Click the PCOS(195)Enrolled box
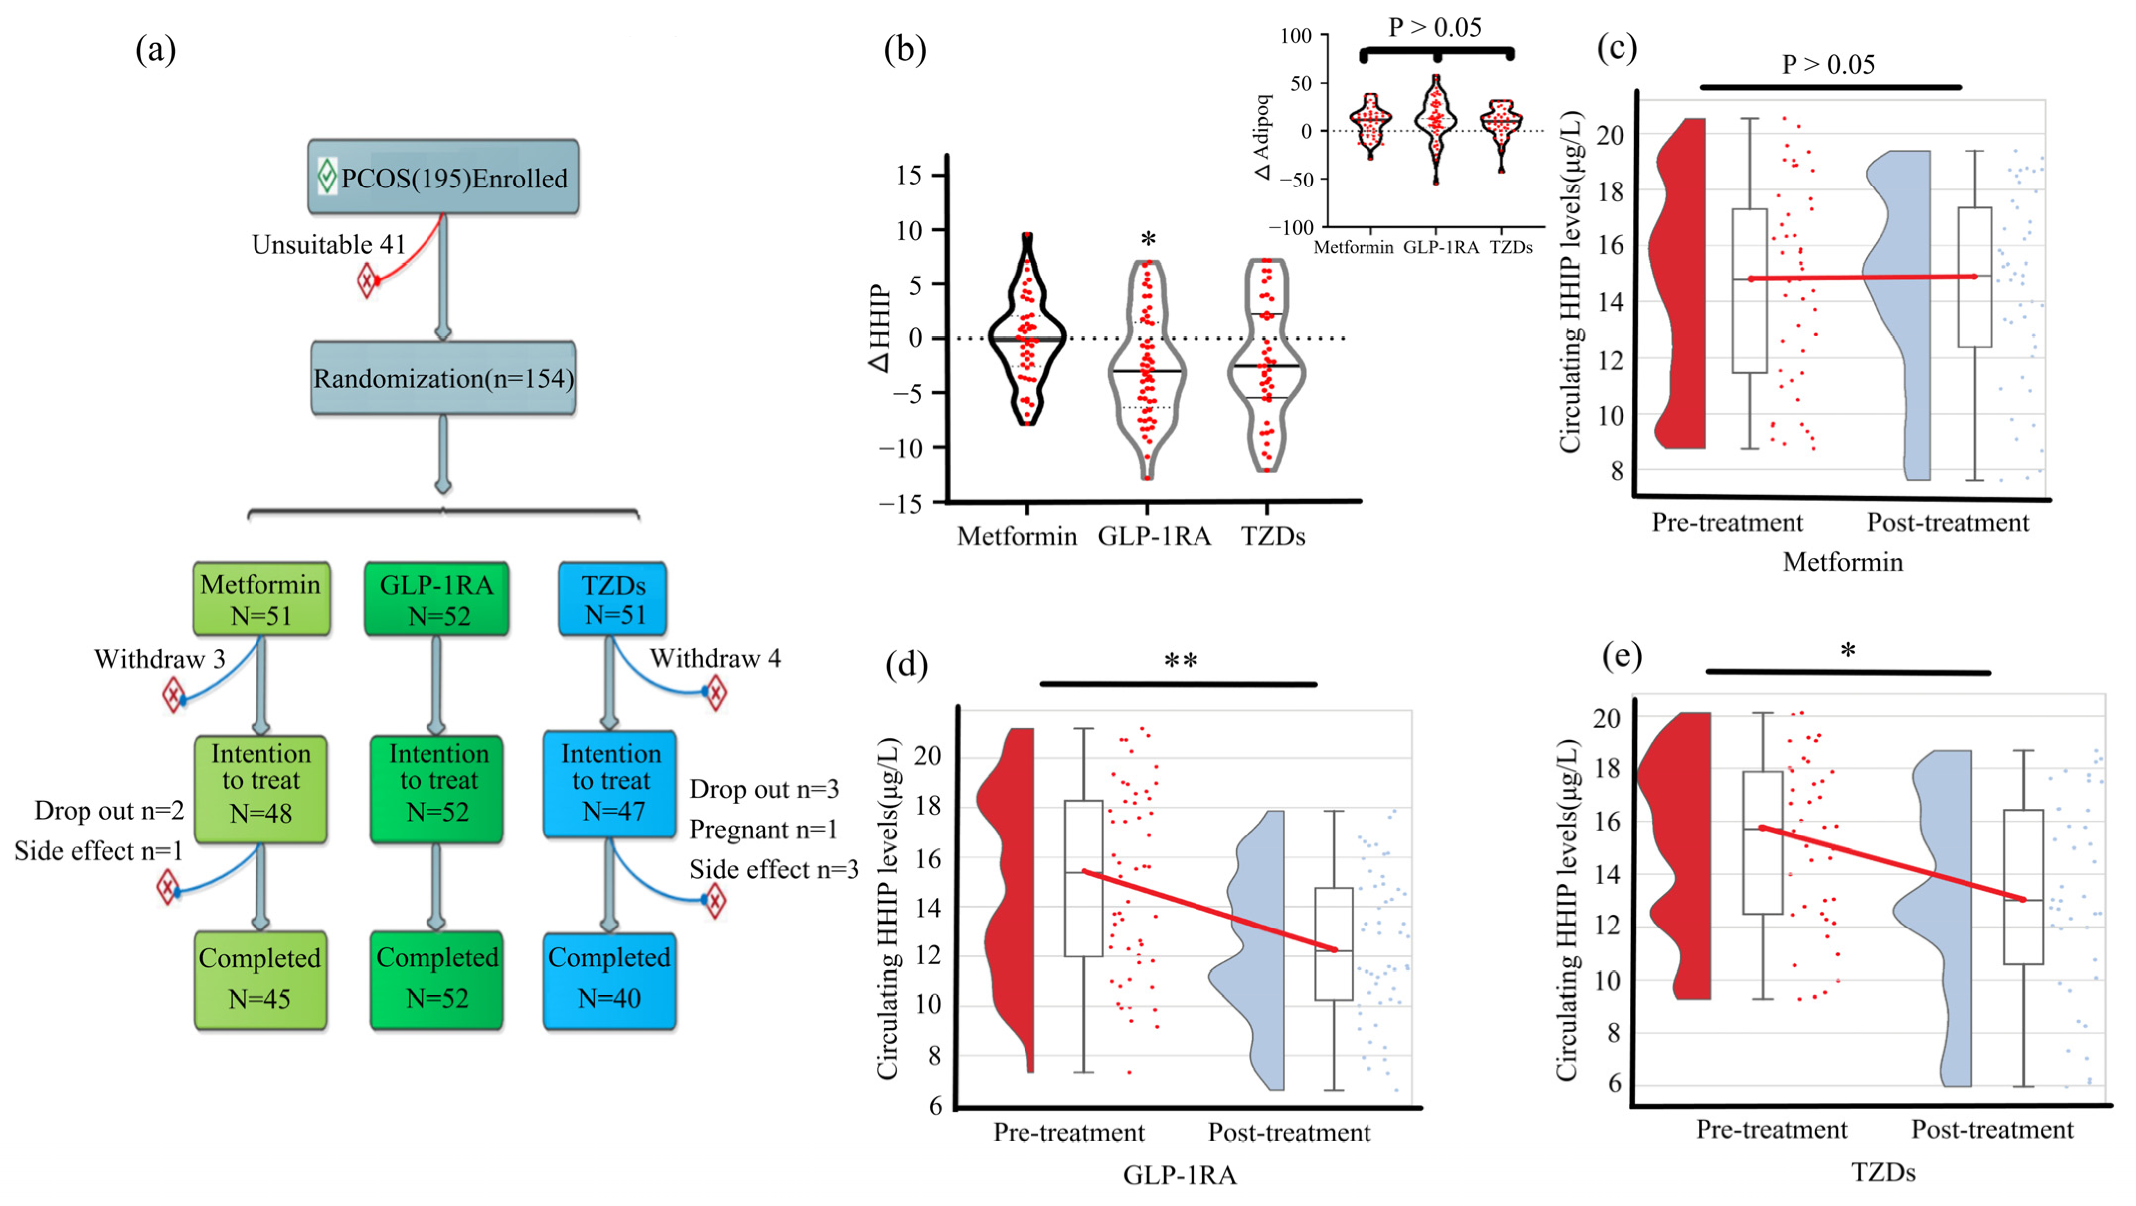[443, 177]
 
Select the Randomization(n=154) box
[443, 378]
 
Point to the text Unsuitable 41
[329, 245]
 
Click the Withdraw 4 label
[715, 658]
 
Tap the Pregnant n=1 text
[763, 830]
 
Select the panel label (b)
[905, 50]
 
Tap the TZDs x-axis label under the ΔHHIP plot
[1273, 537]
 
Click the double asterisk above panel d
[1180, 661]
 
